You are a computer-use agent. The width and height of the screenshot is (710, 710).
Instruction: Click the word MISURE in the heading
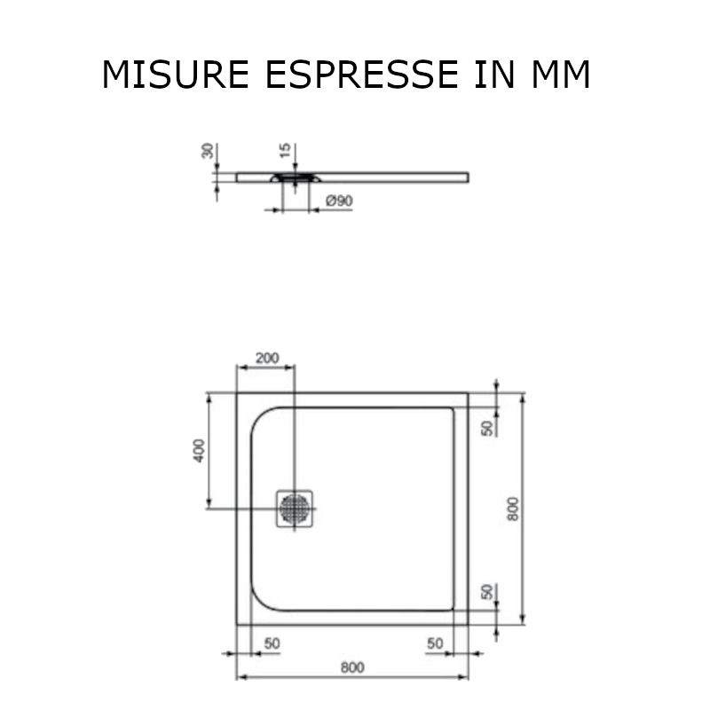(176, 75)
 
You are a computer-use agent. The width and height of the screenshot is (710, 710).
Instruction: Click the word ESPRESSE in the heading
(362, 75)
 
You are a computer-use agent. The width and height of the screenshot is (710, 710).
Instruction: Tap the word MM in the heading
(561, 75)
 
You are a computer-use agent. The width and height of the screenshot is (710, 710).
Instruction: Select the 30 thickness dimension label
(208, 151)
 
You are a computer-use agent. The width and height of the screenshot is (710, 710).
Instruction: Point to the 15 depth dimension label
(285, 150)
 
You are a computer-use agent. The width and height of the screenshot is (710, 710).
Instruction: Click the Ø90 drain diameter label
(340, 201)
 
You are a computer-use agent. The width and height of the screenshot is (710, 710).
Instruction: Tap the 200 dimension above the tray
(267, 359)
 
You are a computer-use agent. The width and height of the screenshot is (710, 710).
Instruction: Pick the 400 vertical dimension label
(199, 451)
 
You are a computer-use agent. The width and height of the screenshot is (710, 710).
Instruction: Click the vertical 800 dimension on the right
(513, 509)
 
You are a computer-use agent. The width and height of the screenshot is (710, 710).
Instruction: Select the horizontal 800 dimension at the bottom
(352, 667)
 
